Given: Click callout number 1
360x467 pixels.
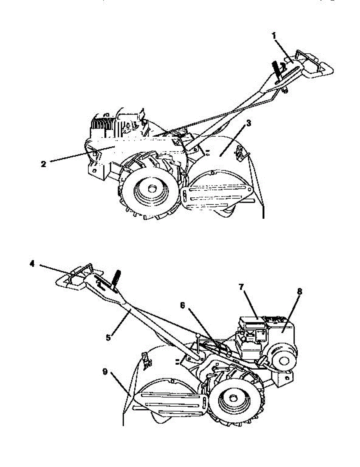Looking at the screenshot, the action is point(274,36).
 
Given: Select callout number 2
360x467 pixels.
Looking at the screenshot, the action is point(44,164).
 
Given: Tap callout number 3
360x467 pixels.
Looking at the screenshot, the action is point(249,123).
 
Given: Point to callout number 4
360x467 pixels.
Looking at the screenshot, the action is point(32,264).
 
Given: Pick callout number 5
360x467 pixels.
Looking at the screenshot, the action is point(108,338).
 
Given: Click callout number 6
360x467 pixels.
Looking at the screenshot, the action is point(183,305).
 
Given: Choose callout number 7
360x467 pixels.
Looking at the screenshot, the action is point(242,287).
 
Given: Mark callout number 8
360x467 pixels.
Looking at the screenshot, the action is point(299,291).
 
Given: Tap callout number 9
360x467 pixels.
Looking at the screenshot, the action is point(105,372).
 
